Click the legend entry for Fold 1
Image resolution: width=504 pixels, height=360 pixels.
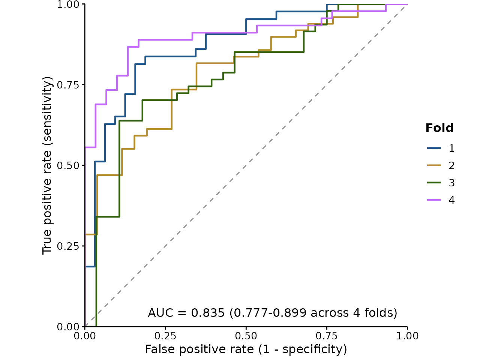click(x=441, y=148)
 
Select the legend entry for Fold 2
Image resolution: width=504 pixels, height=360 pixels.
click(x=441, y=166)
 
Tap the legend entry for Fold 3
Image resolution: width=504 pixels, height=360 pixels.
click(x=441, y=183)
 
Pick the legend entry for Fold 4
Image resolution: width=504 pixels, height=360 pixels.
click(x=441, y=200)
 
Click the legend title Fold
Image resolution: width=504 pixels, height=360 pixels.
click(x=439, y=128)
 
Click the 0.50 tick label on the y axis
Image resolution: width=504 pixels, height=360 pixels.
click(x=68, y=165)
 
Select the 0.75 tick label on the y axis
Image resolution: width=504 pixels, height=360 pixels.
click(x=68, y=85)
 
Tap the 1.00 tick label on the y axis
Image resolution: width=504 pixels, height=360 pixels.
click(x=68, y=4)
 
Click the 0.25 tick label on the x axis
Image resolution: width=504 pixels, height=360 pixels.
click(x=165, y=336)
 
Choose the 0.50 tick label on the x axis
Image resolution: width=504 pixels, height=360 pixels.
click(x=246, y=336)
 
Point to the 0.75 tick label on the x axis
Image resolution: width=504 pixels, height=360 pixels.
click(x=327, y=336)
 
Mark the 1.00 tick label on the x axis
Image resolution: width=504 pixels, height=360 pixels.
click(x=407, y=336)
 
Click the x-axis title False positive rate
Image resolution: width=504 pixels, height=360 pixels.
click(x=199, y=349)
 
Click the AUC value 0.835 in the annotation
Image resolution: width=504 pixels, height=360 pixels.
click(x=208, y=313)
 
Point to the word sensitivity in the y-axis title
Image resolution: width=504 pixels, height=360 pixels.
click(x=48, y=112)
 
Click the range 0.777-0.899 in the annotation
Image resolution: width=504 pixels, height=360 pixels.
click(x=270, y=313)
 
